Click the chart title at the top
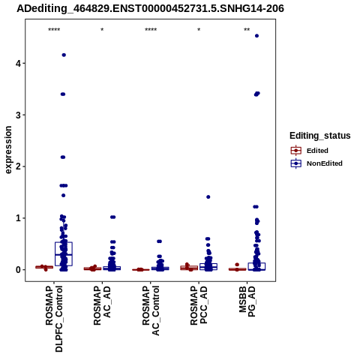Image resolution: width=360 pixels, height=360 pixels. tap(150, 9)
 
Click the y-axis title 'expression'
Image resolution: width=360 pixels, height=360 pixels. tap(8, 150)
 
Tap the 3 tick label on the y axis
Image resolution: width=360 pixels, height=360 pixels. tap(19, 115)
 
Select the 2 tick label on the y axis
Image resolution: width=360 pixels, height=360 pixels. tap(19, 166)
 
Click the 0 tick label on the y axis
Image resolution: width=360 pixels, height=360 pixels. tap(19, 270)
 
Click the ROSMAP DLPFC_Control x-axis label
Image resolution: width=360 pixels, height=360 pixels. tap(54, 319)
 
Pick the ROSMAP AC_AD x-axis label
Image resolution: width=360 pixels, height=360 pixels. tap(102, 305)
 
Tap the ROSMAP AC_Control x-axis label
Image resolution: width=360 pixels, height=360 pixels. tap(151, 310)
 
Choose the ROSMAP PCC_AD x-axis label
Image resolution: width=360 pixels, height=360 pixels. tap(199, 305)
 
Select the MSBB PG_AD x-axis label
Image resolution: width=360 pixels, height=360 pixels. tap(247, 301)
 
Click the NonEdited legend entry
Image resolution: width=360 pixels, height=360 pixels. tap(316, 163)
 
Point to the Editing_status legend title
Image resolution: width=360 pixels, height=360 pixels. tap(320, 136)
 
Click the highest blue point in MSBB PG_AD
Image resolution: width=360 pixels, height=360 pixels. tap(256, 36)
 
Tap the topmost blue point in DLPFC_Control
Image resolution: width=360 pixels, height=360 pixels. tap(64, 55)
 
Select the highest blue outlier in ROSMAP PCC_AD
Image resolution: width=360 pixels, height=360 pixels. tap(208, 197)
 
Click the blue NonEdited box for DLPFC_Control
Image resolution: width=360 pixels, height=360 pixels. tap(64, 253)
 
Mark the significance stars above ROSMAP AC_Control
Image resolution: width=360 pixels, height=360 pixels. tap(151, 30)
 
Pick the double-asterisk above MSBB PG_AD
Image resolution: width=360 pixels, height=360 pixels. tap(247, 30)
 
